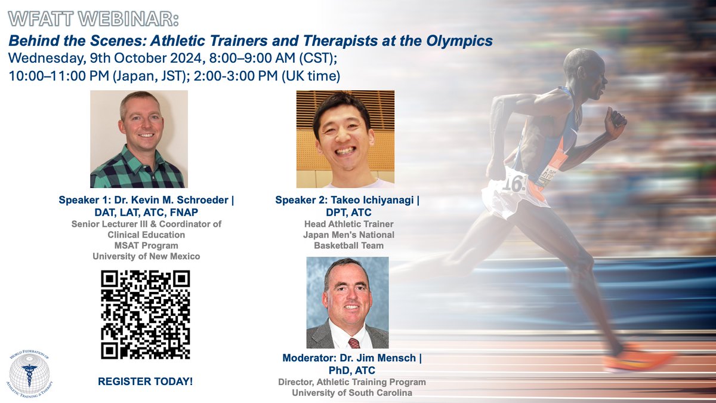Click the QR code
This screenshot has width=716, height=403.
pyautogui.click(x=146, y=315)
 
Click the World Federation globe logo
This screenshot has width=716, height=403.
pyautogui.click(x=35, y=374)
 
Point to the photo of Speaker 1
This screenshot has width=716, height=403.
pyautogui.click(x=138, y=139)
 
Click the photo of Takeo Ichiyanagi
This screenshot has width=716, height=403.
pyautogui.click(x=345, y=139)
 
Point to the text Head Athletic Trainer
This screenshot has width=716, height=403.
pyautogui.click(x=345, y=224)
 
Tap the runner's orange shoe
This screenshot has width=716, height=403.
pyautogui.click(x=635, y=361)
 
